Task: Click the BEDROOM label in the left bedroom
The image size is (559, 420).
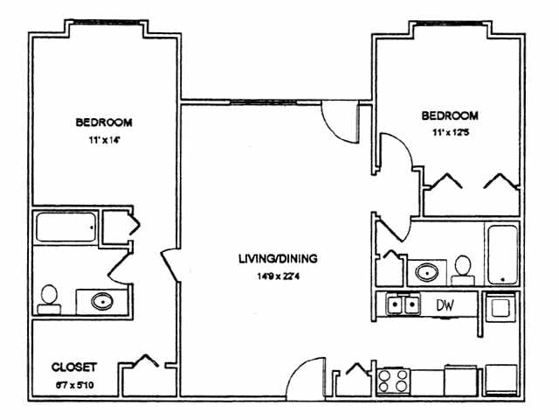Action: coord(103,122)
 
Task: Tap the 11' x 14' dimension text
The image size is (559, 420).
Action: coord(103,139)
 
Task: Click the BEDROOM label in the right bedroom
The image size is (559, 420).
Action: coord(450,115)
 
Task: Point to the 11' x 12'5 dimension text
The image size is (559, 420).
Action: coord(450,132)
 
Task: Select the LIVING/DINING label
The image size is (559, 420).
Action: coord(278,259)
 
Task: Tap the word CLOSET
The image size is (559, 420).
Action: coord(74,367)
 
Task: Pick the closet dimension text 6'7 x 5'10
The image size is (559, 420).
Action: coord(74,384)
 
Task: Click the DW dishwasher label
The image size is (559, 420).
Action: coord(443,304)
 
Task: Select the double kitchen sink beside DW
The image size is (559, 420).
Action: coord(402,304)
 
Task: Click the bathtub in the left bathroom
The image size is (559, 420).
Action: coord(66,227)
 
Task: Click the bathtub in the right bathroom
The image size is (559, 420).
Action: coord(503,254)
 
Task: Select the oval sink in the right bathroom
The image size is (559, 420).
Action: coord(427,271)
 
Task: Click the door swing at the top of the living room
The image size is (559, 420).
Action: coord(341,117)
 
